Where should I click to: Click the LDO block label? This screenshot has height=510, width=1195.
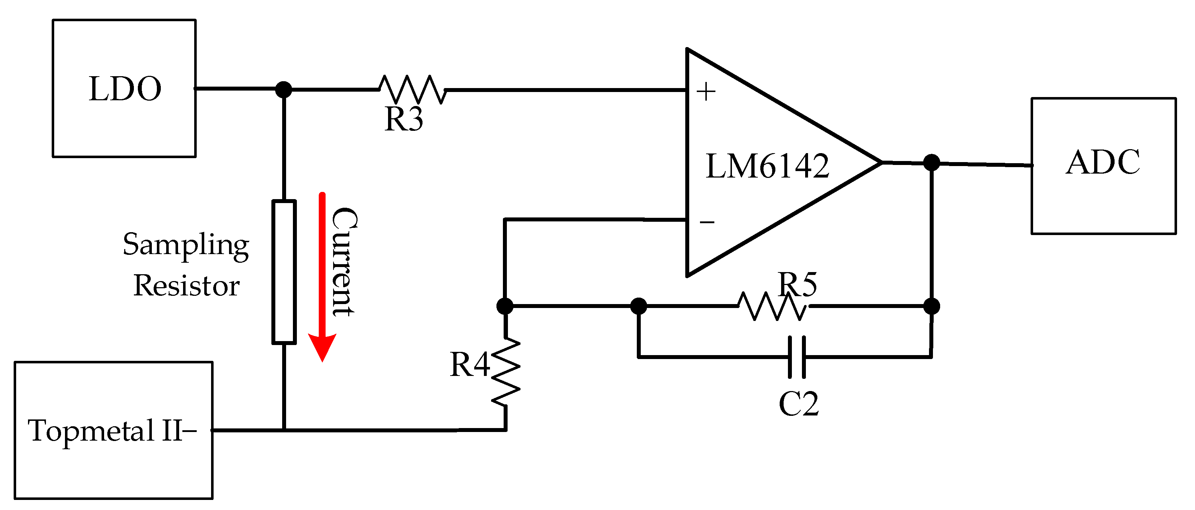point(125,89)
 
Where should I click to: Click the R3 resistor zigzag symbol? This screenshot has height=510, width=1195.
point(412,89)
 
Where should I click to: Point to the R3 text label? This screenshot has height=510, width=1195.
point(403,120)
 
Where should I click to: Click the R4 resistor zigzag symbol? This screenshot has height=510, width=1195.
point(506,372)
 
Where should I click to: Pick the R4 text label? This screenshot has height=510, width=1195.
point(470,364)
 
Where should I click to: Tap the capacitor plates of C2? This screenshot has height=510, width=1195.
point(797,357)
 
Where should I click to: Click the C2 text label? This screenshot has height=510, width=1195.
point(798,404)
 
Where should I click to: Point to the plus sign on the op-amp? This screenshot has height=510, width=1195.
point(706,92)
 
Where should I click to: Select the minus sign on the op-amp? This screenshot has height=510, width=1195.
point(707,222)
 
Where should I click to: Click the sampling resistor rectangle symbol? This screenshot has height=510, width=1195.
point(284,272)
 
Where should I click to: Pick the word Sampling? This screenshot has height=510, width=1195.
point(186,245)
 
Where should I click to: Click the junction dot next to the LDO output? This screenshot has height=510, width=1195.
point(284,89)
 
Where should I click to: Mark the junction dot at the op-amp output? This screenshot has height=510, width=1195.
point(932,162)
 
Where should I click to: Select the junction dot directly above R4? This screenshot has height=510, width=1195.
point(505,306)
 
